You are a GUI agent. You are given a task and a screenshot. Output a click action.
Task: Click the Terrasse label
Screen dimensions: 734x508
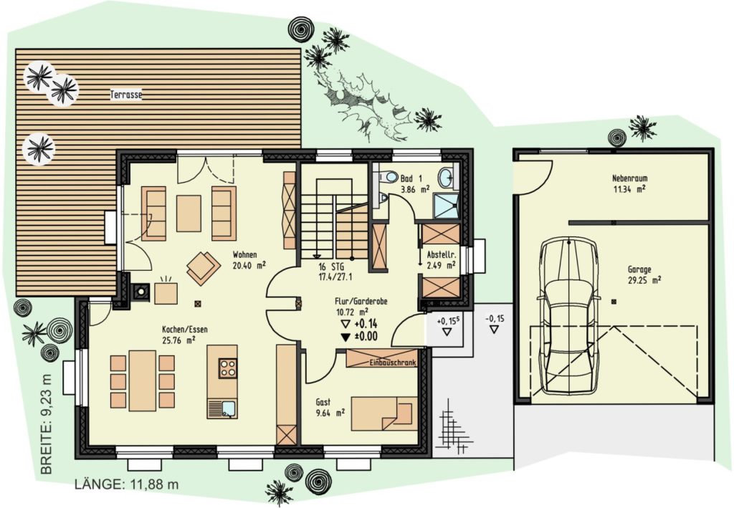click(x=126, y=95)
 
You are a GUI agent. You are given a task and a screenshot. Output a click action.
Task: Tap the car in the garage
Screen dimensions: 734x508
click(x=568, y=317)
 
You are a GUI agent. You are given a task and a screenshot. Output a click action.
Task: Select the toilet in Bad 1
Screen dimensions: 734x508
click(x=386, y=178)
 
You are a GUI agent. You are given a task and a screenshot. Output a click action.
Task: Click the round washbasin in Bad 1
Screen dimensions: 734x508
click(x=446, y=177)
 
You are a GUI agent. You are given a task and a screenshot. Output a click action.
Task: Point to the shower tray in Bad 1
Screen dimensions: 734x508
click(x=446, y=206)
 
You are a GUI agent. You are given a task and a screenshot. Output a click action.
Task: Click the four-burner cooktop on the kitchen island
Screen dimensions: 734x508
click(x=228, y=368)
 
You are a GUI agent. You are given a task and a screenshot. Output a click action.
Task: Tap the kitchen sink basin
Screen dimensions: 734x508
click(x=229, y=408)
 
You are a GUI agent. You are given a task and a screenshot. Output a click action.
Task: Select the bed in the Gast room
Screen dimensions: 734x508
click(x=384, y=413)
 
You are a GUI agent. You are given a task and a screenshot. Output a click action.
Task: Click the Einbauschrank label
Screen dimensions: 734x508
click(x=393, y=363)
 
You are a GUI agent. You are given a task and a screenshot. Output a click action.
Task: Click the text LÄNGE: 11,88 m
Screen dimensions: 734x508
click(x=126, y=484)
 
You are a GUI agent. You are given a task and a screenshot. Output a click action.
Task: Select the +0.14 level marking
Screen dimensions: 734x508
click(x=360, y=324)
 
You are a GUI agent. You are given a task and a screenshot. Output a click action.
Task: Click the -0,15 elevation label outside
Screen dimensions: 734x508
click(x=495, y=319)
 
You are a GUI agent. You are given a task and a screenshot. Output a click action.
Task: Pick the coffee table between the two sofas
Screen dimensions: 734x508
click(x=189, y=214)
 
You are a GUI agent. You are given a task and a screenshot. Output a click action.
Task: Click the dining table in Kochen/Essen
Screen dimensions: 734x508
click(x=143, y=380)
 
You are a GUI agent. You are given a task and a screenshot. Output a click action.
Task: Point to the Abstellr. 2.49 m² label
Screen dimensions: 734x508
click(x=441, y=260)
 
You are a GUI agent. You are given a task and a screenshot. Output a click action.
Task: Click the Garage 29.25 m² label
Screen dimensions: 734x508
click(x=644, y=275)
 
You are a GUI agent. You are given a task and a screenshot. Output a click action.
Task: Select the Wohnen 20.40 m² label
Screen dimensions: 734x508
click(x=249, y=260)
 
